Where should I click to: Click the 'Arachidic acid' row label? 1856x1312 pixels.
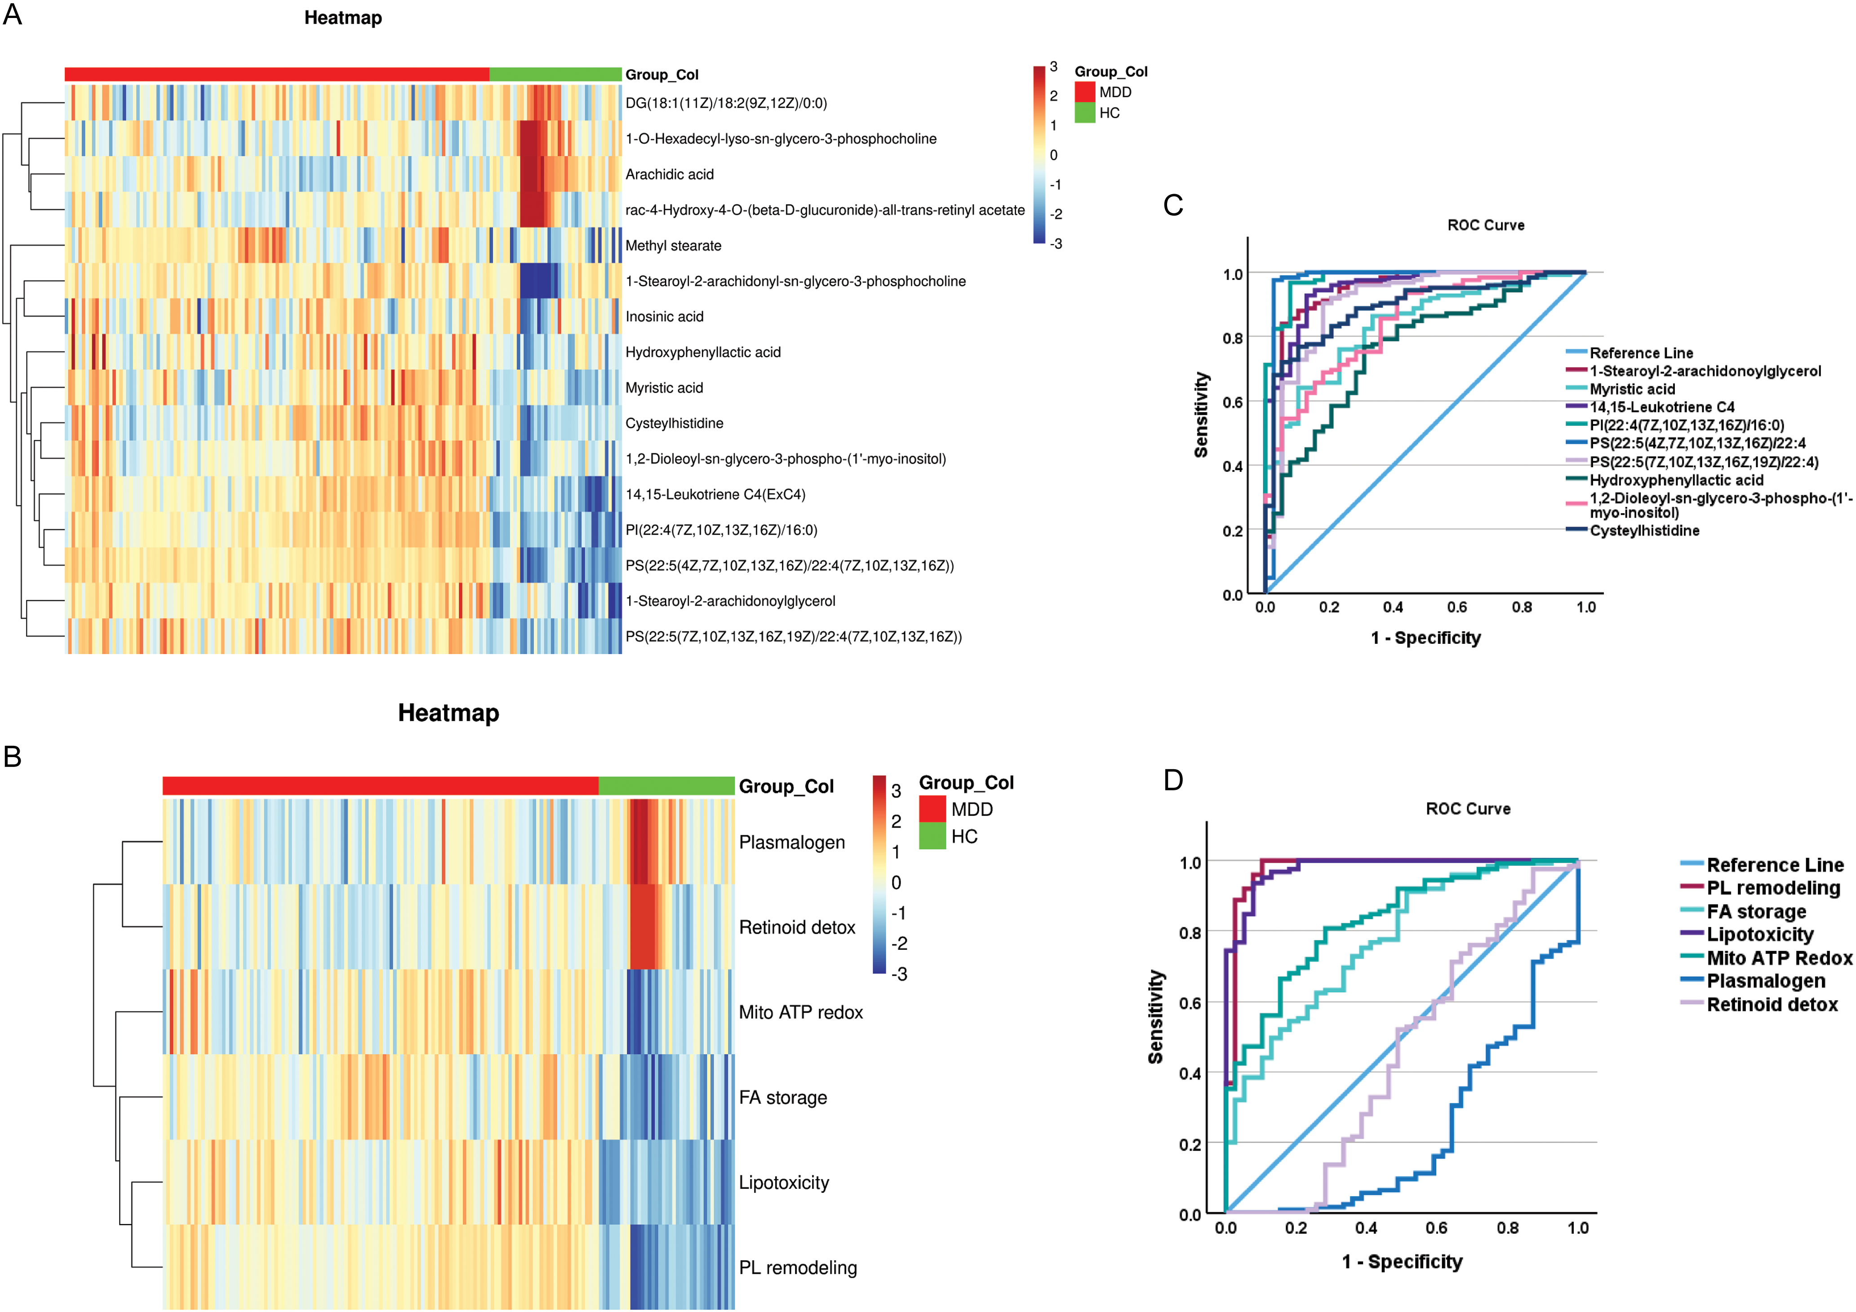[x=669, y=175]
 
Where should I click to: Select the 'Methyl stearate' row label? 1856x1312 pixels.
[x=673, y=246]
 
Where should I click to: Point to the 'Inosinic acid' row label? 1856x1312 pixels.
[x=665, y=317]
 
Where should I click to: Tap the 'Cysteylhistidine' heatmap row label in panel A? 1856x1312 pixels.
[x=674, y=424]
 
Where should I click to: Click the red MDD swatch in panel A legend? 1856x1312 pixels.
[x=1085, y=92]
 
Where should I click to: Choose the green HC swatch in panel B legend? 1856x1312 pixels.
[x=932, y=836]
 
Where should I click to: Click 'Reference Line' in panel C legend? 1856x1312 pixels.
[x=1641, y=353]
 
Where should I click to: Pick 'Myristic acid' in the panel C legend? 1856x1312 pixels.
[x=1632, y=389]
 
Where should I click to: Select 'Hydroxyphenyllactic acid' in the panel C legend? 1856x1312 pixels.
[x=1677, y=480]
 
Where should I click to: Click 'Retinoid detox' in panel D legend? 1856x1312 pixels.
[x=1772, y=1005]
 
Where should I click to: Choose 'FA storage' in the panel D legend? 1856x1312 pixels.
[x=1756, y=912]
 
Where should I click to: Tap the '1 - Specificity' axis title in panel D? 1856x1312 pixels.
[x=1403, y=1262]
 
